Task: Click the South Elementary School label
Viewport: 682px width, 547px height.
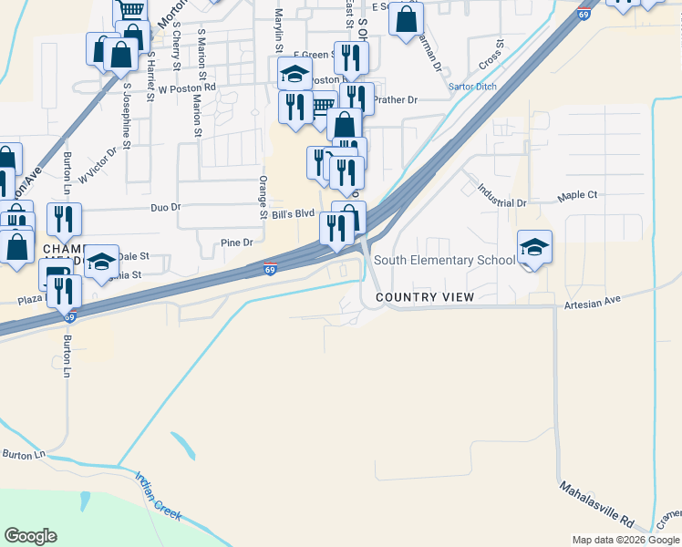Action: [x=444, y=260]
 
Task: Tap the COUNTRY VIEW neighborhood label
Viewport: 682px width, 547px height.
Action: [x=424, y=297]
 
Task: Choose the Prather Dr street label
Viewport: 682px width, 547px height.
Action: [x=395, y=99]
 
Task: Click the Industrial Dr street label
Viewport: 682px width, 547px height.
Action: [x=502, y=195]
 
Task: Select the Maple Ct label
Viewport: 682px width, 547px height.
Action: [x=578, y=195]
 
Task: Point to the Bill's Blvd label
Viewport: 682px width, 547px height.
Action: [x=293, y=213]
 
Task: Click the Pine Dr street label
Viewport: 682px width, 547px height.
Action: [x=236, y=243]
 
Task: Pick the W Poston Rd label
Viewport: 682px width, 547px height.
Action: [x=187, y=88]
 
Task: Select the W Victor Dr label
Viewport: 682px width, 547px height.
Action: [x=98, y=166]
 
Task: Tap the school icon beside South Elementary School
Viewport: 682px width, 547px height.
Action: [x=534, y=246]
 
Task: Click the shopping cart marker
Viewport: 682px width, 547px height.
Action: [x=131, y=10]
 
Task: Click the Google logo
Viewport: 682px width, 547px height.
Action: [x=30, y=536]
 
